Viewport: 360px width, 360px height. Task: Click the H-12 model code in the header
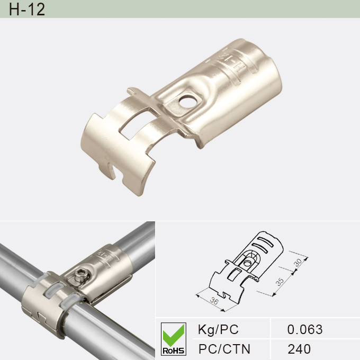tap(27, 10)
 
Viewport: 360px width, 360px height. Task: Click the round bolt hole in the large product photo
tap(185, 99)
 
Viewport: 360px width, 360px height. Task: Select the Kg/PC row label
tap(218, 329)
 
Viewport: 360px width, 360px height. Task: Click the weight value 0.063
tap(304, 329)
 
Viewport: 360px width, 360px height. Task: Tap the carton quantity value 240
tap(299, 349)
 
